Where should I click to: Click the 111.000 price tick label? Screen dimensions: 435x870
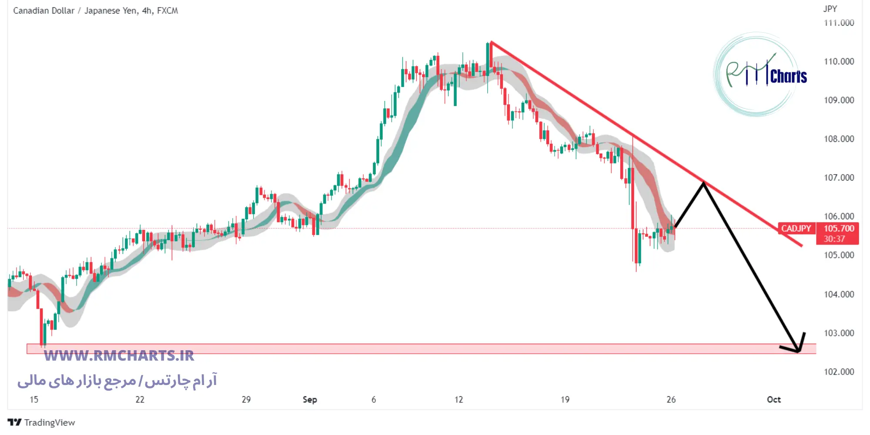click(x=839, y=23)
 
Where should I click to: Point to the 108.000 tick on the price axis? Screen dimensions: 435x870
click(x=839, y=139)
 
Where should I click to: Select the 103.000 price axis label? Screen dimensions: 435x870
click(x=839, y=333)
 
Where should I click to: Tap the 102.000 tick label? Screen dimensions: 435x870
click(x=839, y=371)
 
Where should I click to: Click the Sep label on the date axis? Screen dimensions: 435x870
click(x=310, y=399)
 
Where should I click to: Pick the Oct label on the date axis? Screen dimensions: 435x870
click(x=773, y=399)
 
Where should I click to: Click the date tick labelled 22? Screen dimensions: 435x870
click(x=140, y=399)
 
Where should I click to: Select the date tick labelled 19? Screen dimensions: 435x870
click(x=565, y=399)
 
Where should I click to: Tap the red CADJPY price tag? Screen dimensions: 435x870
click(x=796, y=228)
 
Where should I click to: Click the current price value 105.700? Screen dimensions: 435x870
click(x=839, y=228)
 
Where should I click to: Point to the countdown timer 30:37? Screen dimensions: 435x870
click(x=834, y=239)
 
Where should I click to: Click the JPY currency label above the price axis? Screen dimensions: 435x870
click(x=830, y=9)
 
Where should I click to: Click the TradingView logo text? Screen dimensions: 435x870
click(x=49, y=422)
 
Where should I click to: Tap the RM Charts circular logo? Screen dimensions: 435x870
click(x=757, y=74)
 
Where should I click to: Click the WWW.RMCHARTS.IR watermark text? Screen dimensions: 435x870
click(x=119, y=356)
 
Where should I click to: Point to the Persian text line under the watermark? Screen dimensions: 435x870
click(x=117, y=381)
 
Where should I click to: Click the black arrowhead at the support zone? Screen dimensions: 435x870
click(x=799, y=351)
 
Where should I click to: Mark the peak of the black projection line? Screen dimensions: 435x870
click(x=703, y=183)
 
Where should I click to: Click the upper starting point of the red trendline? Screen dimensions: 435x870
click(x=491, y=42)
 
